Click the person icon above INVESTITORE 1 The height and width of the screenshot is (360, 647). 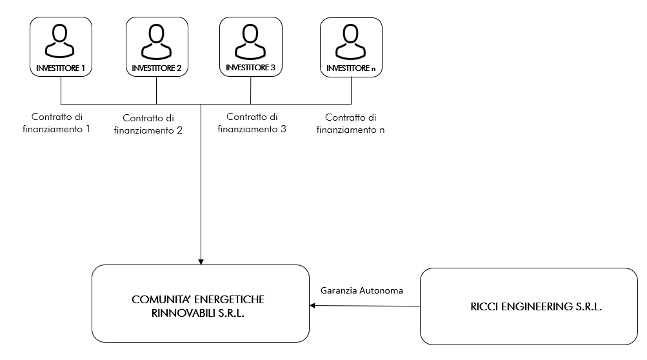(x=61, y=41)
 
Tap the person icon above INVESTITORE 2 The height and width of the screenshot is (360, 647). (x=157, y=42)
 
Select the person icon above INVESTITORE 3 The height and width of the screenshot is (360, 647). (x=250, y=41)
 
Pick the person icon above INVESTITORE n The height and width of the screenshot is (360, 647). (x=351, y=41)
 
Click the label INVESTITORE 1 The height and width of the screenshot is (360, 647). (x=61, y=68)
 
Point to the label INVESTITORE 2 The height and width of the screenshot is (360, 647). (x=157, y=68)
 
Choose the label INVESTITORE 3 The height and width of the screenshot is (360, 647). (x=250, y=68)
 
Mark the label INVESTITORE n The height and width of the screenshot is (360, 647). (x=351, y=68)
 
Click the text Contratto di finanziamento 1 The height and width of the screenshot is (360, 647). (x=61, y=123)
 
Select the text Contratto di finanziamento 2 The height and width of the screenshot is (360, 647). (x=148, y=124)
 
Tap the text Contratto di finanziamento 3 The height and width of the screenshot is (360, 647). (x=252, y=123)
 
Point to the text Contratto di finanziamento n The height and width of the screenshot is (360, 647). (x=350, y=124)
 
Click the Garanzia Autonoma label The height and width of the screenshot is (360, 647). (x=362, y=290)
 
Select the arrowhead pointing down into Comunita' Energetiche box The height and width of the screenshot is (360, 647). (x=201, y=261)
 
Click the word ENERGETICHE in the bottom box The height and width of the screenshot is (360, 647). (x=228, y=300)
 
